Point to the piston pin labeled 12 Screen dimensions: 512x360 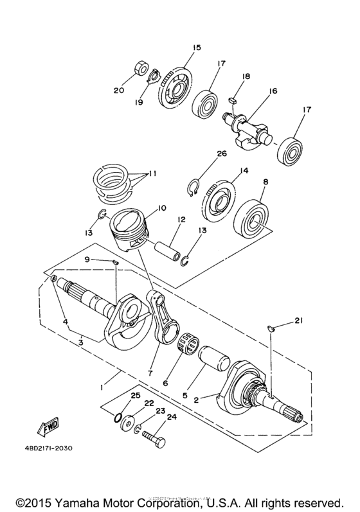tap(172, 250)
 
